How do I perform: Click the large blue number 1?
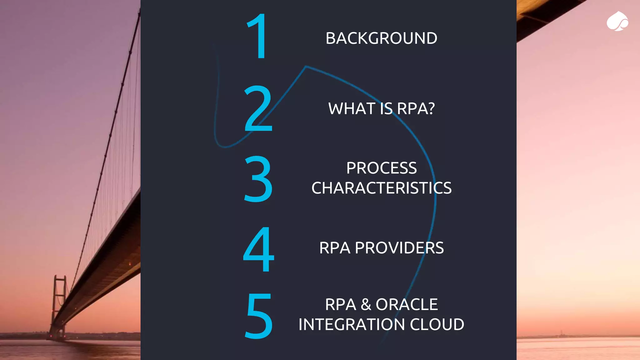click(257, 36)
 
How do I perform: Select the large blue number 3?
click(258, 179)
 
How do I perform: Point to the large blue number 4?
click(258, 249)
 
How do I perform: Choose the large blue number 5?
click(258, 316)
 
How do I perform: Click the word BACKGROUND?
click(381, 38)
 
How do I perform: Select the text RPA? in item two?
click(416, 109)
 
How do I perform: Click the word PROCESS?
click(381, 168)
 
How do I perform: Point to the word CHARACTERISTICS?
click(381, 188)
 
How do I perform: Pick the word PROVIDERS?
click(399, 248)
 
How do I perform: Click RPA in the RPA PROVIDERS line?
click(334, 248)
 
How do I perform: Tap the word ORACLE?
click(407, 305)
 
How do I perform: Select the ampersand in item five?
click(366, 305)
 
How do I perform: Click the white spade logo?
click(617, 22)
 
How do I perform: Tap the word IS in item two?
click(386, 109)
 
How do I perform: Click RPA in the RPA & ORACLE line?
click(340, 305)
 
